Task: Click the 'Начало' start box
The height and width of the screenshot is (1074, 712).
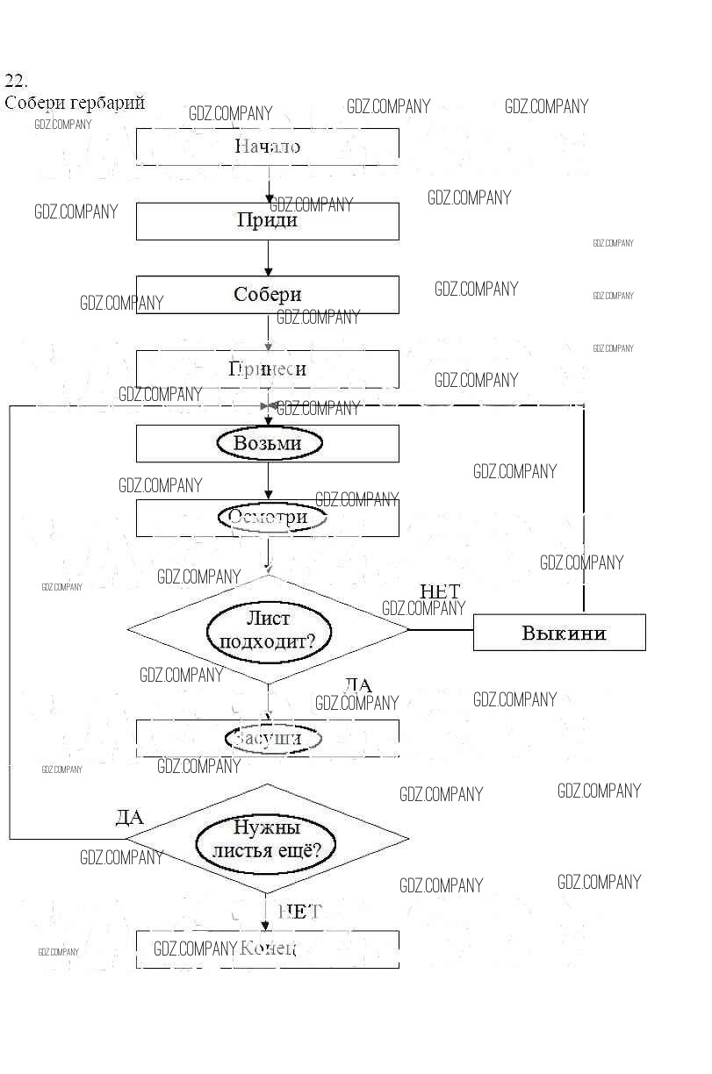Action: pos(267,147)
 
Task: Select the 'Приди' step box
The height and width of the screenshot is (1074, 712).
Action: pos(267,221)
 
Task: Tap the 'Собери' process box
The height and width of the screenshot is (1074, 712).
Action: pos(267,295)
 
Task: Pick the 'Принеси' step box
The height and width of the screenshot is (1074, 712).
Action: pos(267,369)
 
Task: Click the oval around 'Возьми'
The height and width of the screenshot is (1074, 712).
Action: pos(267,443)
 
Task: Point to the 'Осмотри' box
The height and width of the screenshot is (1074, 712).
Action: pos(267,518)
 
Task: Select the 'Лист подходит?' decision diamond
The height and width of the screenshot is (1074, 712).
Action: pos(268,629)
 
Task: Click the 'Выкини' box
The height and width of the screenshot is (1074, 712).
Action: pos(559,633)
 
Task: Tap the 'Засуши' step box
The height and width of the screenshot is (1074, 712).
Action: pos(267,739)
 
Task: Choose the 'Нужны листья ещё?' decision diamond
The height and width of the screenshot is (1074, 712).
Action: pos(268,839)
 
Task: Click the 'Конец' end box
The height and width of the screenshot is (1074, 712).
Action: pos(267,949)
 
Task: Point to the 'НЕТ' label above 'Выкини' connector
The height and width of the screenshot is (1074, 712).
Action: pos(440,591)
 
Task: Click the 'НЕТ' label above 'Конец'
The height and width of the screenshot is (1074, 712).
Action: pos(299,912)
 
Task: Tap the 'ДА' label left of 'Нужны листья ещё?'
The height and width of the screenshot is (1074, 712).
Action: pos(129,818)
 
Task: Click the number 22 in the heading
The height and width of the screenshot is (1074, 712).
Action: pos(16,81)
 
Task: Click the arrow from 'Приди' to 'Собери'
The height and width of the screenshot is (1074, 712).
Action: pos(268,258)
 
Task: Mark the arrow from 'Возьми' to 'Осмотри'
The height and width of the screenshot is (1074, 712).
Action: pos(268,481)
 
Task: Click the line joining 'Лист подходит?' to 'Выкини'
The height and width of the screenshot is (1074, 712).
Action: pos(441,629)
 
